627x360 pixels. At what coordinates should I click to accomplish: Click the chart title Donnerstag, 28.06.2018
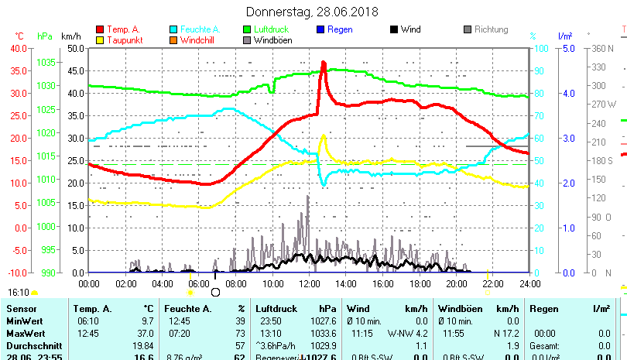312,12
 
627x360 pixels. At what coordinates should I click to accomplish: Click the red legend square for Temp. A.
99,30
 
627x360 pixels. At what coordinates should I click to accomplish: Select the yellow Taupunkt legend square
99,40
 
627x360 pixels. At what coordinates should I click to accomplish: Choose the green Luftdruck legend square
248,30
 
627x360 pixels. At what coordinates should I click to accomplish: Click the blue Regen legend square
321,30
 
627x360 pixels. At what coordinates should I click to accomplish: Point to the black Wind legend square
394,30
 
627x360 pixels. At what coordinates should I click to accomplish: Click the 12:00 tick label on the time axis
309,284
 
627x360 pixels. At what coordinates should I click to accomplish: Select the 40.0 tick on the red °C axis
17,48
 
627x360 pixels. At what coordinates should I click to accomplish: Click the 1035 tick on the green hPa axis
46,62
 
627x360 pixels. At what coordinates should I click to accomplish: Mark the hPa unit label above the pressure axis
45,36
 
